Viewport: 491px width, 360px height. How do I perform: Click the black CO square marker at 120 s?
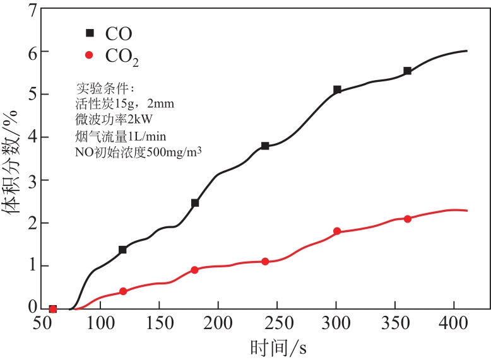[122, 250]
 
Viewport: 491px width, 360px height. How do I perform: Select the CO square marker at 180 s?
[195, 203]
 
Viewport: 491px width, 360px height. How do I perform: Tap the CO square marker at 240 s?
[265, 146]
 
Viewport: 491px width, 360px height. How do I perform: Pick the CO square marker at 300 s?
[337, 90]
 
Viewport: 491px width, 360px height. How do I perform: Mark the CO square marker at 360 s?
[408, 71]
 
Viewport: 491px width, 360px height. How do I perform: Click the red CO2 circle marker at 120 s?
[123, 291]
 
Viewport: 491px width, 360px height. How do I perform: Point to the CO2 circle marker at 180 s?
[194, 270]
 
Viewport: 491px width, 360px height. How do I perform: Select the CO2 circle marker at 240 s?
[265, 261]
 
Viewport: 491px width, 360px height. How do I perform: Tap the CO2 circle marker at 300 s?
[337, 231]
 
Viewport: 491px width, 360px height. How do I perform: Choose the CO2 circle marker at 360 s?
[408, 219]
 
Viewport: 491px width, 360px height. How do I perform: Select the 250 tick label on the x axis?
[278, 323]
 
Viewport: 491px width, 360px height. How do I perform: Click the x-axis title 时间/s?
[278, 346]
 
